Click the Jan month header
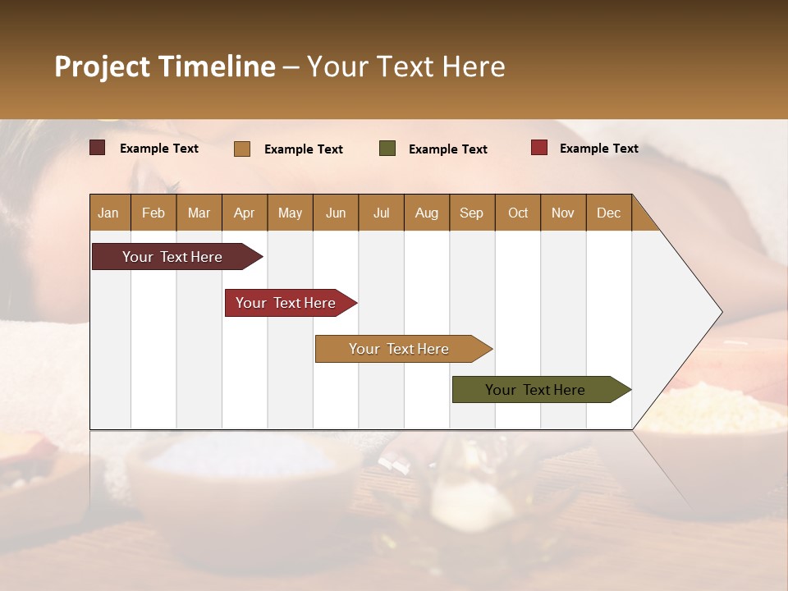pos(108,213)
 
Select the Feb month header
pos(153,213)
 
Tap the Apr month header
pos(244,213)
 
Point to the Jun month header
pos(336,213)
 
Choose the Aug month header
pos(426,213)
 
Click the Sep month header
pos(471,213)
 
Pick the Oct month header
pos(518,213)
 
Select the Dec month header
pos(608,213)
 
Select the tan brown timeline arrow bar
pos(400,349)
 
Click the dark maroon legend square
pos(98,148)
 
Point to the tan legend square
pos(242,149)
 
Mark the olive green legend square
pos(387,149)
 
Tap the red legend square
pos(539,148)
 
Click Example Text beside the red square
pos(598,149)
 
